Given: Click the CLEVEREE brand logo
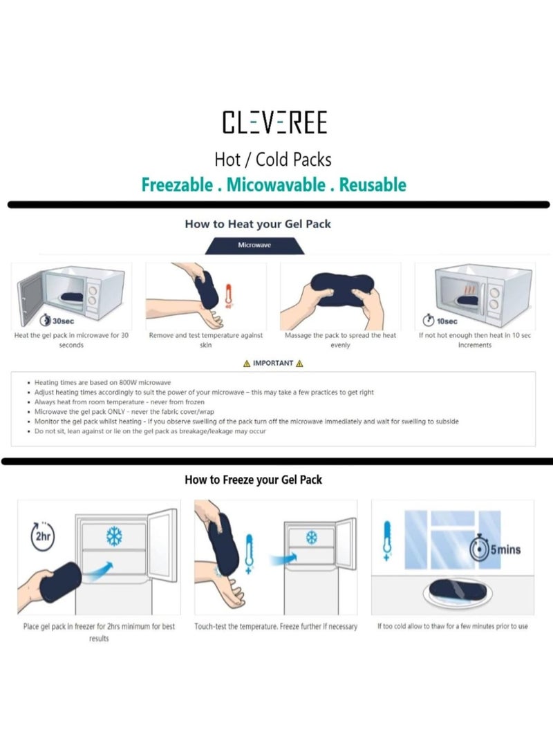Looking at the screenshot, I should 274,122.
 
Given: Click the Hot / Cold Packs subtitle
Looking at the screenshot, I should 273,160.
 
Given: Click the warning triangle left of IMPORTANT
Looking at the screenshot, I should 247,364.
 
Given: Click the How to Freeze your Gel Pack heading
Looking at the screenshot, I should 253,479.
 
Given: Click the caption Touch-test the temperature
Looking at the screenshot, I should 276,626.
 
